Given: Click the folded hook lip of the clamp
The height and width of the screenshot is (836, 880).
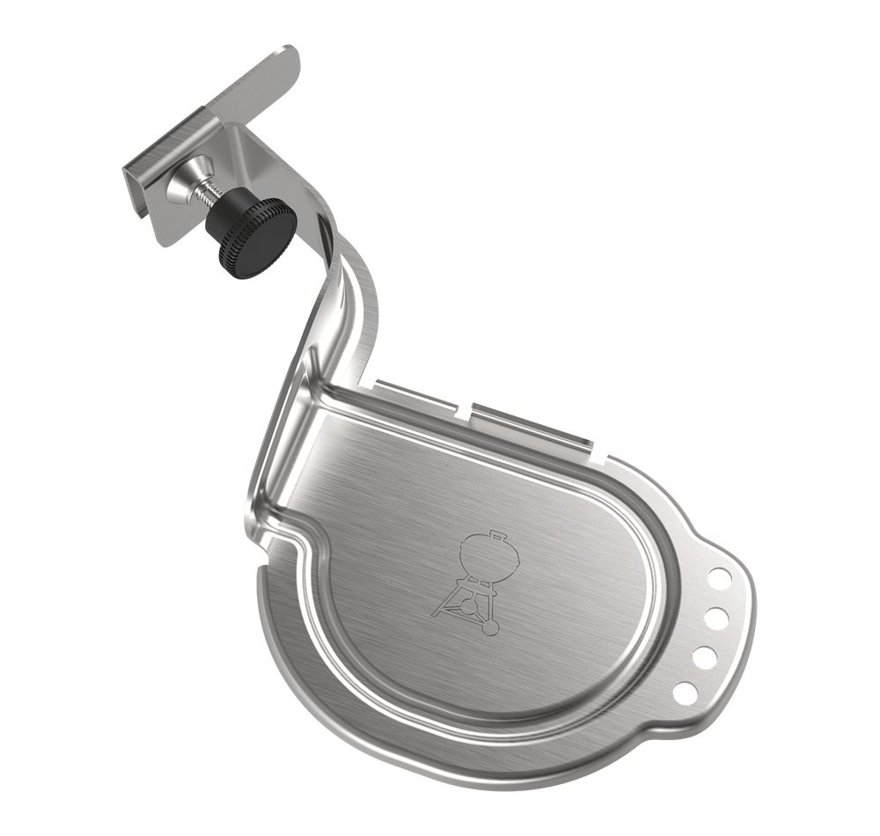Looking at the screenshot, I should coord(141,188).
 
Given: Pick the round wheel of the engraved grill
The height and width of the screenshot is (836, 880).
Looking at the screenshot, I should coord(490,627).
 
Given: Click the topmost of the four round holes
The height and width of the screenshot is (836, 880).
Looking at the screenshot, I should coord(719,578).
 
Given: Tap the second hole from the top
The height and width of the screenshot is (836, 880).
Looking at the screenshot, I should coord(715,618).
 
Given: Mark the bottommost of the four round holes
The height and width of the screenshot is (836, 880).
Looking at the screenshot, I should coord(685,693).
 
